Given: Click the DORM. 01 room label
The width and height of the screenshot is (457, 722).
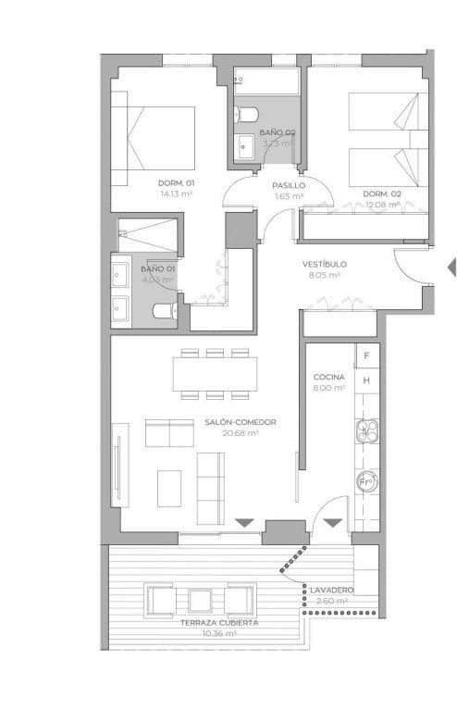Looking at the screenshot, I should [176, 182].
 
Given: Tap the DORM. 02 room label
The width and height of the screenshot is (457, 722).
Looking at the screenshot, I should [382, 193].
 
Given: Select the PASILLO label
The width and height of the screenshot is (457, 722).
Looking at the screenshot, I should [289, 185].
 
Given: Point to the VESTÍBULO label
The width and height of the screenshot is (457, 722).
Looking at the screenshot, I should [324, 264].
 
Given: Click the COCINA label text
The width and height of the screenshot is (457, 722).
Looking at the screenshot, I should [329, 378].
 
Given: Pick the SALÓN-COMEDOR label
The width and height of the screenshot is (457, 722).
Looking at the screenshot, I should [241, 421].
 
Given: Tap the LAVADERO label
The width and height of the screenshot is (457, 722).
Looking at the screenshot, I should [331, 590].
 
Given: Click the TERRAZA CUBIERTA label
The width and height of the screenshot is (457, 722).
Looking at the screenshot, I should [218, 623].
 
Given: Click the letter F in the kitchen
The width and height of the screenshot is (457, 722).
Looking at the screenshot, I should [367, 355].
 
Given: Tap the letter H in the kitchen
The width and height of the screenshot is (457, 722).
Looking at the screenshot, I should [367, 380].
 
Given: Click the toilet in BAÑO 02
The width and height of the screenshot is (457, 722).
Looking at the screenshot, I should [246, 115].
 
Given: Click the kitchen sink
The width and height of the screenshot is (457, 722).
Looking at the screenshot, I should [367, 430].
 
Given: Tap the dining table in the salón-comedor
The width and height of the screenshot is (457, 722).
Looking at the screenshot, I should [216, 373].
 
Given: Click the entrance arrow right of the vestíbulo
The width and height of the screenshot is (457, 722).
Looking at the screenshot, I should [451, 268].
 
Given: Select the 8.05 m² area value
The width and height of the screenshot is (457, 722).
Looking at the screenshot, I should [324, 275].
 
